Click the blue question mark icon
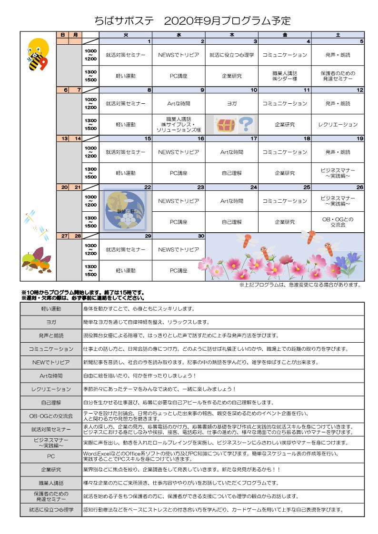(x=245, y=124)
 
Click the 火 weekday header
(x=126, y=35)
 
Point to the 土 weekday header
(x=338, y=35)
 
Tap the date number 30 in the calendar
(x=201, y=236)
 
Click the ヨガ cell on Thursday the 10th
(x=232, y=103)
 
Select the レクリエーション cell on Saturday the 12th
(x=338, y=125)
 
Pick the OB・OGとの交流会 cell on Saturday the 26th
(x=338, y=222)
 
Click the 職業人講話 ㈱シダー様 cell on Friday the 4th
(x=285, y=76)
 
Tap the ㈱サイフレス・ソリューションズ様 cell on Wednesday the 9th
(x=179, y=124)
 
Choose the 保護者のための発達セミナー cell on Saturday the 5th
(x=338, y=76)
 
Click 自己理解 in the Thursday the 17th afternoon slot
(x=232, y=173)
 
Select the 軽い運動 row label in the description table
(x=51, y=309)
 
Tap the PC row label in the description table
(x=51, y=456)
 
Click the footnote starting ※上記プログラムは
(x=299, y=285)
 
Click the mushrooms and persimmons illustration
(x=36, y=261)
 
